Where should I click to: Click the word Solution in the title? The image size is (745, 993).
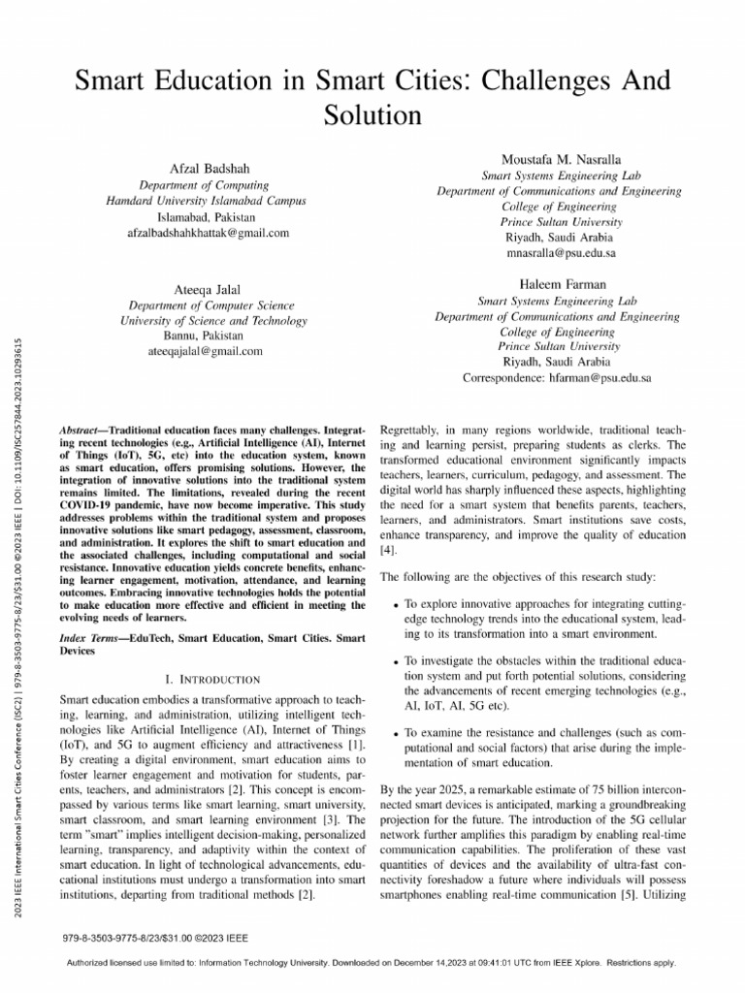click(x=372, y=114)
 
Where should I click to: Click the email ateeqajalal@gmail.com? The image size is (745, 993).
click(x=206, y=351)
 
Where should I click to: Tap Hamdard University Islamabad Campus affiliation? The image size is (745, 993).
click(x=206, y=201)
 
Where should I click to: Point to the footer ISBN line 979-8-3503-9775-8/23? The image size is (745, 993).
click(x=155, y=938)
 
